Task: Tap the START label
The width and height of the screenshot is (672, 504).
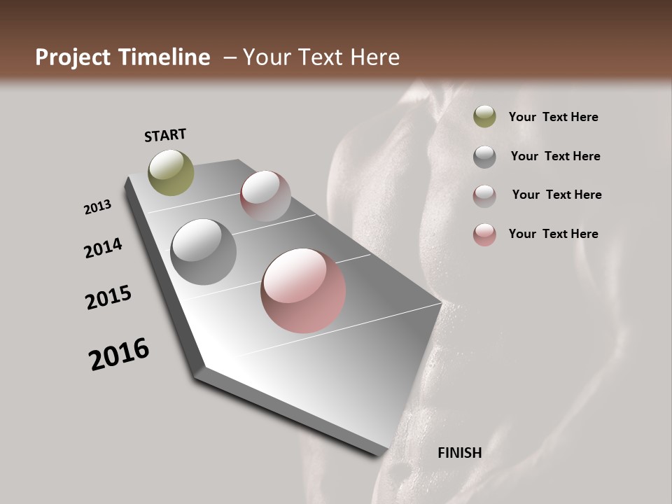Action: [165, 134]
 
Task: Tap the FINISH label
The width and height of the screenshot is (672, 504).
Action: [459, 453]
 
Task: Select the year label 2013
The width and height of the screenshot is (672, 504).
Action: [97, 207]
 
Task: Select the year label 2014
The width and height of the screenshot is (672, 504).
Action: [103, 248]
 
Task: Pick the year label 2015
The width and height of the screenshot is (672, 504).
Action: [108, 297]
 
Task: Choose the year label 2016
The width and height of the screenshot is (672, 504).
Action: [119, 354]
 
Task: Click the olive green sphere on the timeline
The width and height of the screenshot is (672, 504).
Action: [171, 172]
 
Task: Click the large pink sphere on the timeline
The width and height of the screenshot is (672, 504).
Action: [303, 290]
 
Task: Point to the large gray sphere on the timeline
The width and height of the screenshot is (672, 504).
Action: [203, 252]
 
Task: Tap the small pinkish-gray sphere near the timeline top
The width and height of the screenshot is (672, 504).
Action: [265, 196]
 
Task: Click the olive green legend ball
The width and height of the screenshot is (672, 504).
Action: [484, 117]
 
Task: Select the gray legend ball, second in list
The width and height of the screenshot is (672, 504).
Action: [484, 157]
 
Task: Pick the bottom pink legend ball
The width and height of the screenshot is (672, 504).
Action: [484, 234]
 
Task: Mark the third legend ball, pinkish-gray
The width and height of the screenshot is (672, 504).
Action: [484, 196]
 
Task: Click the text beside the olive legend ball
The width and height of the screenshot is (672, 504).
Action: [553, 118]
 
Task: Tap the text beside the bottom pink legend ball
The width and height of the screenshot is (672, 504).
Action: [553, 234]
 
